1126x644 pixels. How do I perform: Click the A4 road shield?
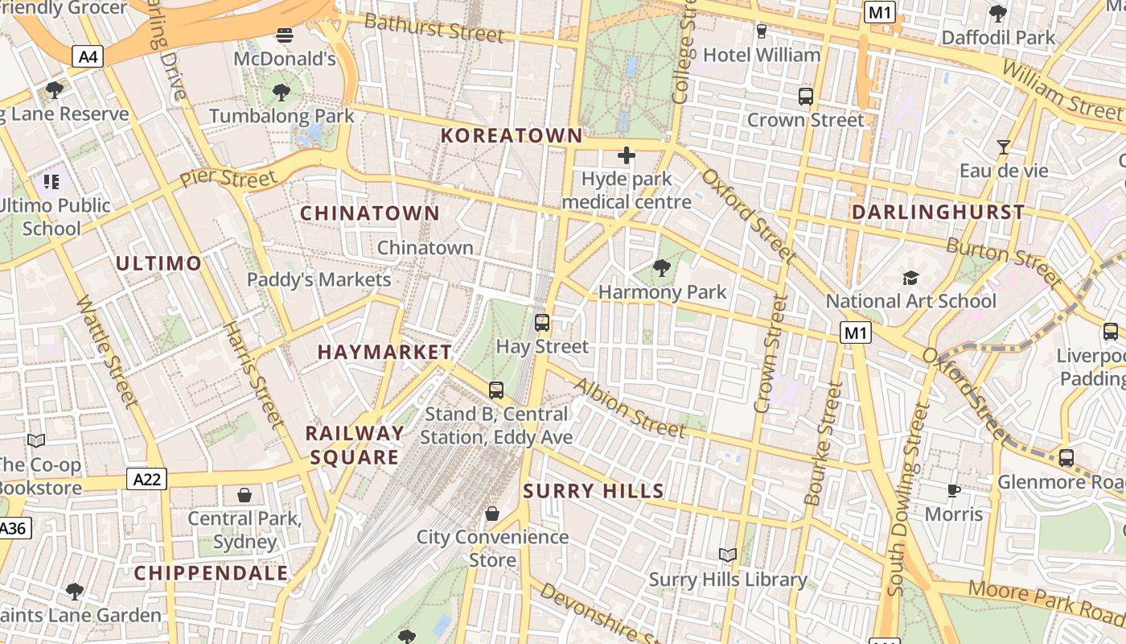pyautogui.click(x=88, y=56)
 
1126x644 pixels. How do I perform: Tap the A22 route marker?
pyautogui.click(x=146, y=480)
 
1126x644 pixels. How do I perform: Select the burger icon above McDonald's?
pyautogui.click(x=284, y=35)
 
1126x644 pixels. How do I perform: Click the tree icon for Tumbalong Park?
pyautogui.click(x=281, y=92)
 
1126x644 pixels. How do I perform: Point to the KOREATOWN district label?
pyautogui.click(x=512, y=135)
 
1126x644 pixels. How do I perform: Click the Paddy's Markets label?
pyautogui.click(x=318, y=280)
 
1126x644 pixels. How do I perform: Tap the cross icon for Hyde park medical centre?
pyautogui.click(x=626, y=155)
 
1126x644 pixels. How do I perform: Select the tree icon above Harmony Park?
pyautogui.click(x=662, y=267)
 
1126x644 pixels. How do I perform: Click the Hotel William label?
pyautogui.click(x=762, y=55)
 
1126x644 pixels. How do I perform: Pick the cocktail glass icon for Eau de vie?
pyautogui.click(x=1003, y=147)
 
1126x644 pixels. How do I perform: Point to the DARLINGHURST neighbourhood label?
pyautogui.click(x=938, y=213)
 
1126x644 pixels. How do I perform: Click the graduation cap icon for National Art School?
pyautogui.click(x=910, y=278)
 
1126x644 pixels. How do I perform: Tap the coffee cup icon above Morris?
pyautogui.click(x=954, y=490)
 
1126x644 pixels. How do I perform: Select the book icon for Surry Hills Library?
pyautogui.click(x=728, y=555)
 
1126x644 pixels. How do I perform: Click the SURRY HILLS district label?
pyautogui.click(x=594, y=491)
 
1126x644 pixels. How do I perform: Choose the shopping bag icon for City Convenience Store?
pyautogui.click(x=491, y=514)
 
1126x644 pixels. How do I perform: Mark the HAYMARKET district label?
pyautogui.click(x=384, y=352)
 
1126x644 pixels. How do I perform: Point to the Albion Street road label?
pyautogui.click(x=629, y=407)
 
